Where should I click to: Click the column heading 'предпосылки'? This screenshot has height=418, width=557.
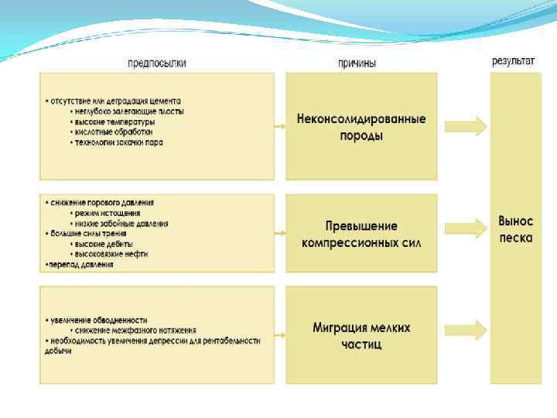(x=156, y=63)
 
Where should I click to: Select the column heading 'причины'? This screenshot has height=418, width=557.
(x=357, y=63)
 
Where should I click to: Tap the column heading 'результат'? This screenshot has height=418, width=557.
(x=513, y=61)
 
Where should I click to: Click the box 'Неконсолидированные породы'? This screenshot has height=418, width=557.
(x=361, y=127)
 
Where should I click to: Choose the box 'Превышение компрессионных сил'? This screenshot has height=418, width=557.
(x=361, y=234)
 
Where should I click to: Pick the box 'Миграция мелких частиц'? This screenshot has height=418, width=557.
(x=361, y=335)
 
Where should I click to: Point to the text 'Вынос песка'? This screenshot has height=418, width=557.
(x=515, y=229)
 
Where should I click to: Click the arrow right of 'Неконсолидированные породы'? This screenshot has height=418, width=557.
(x=466, y=125)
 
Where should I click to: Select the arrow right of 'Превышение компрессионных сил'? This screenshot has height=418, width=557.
(x=466, y=228)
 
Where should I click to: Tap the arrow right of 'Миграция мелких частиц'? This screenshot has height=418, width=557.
(x=466, y=331)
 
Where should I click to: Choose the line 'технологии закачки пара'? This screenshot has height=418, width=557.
(x=120, y=142)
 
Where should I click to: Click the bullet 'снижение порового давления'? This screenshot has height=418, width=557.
(x=101, y=203)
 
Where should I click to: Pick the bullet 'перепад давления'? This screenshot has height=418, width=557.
(x=80, y=264)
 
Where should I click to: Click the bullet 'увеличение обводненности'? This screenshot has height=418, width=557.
(x=98, y=320)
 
